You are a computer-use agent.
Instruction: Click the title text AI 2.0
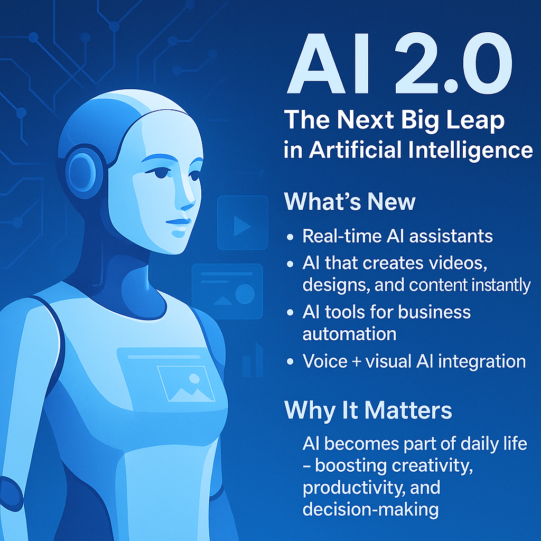click(399, 63)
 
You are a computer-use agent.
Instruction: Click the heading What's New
click(350, 201)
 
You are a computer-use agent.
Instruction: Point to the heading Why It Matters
click(368, 411)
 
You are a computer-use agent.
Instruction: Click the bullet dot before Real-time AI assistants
click(290, 237)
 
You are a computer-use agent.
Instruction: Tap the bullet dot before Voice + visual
click(290, 361)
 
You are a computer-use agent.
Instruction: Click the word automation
click(349, 334)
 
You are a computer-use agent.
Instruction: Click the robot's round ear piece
click(82, 172)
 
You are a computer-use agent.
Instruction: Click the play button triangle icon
click(242, 226)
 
